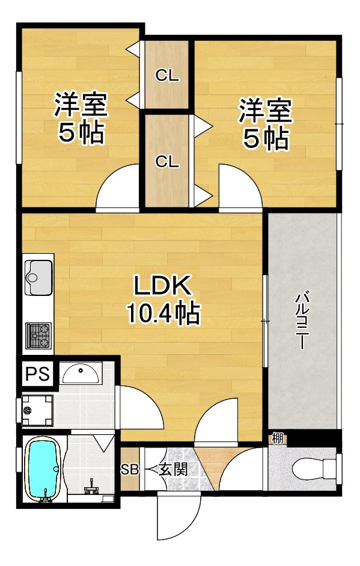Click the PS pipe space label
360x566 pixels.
(x=37, y=374)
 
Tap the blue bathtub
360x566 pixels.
(x=43, y=469)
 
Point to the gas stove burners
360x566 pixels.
(x=38, y=336)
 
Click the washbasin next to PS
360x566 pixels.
(x=81, y=374)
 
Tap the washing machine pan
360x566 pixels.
(x=37, y=410)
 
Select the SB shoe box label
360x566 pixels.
(x=129, y=470)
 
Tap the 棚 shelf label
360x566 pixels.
(x=278, y=438)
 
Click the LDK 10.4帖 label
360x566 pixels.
(x=163, y=300)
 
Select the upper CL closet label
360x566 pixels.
(x=167, y=75)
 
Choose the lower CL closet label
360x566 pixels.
(x=167, y=162)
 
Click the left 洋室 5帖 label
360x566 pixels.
(x=81, y=118)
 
